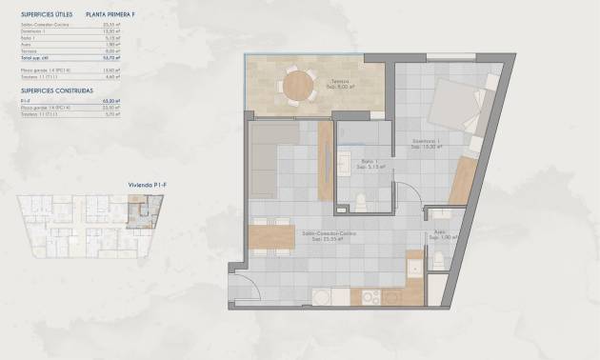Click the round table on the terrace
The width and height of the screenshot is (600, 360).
[297, 86]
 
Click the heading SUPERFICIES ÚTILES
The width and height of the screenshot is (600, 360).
[46, 15]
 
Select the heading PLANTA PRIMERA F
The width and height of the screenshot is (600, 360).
[111, 15]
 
